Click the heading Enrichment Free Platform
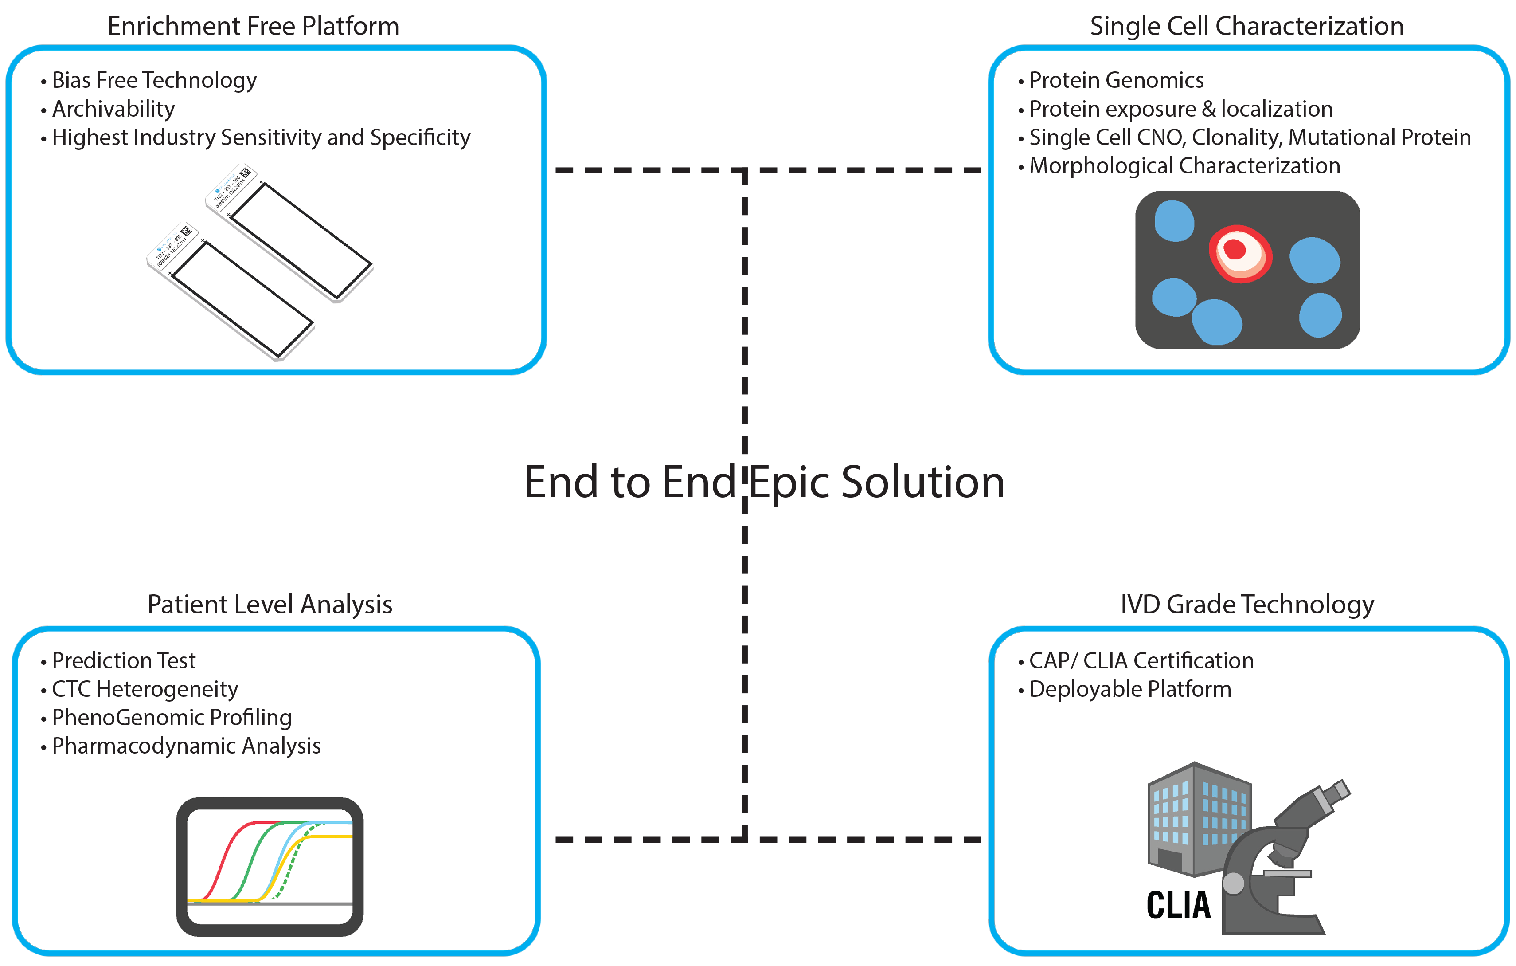coord(253,27)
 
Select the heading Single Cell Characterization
coord(1246,27)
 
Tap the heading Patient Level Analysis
coord(270,605)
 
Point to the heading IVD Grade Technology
coord(1246,605)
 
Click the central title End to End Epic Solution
coord(764,483)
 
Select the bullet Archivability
coord(113,109)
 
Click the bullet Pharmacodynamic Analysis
coord(186,746)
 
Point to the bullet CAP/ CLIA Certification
coord(1141,660)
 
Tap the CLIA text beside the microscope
coord(1178,906)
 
